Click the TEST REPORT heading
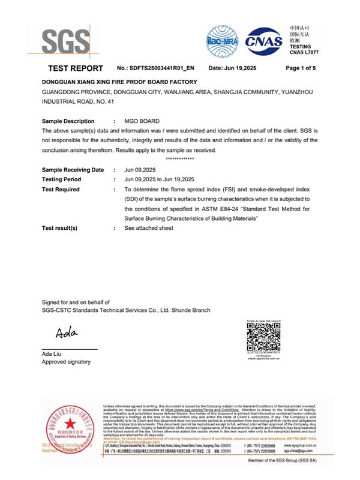(x=75, y=68)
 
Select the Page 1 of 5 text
(x=301, y=68)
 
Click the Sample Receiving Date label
(x=73, y=170)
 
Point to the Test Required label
(x=61, y=189)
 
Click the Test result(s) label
(x=59, y=228)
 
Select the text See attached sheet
(x=149, y=228)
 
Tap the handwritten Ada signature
(x=66, y=332)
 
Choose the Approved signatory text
(x=66, y=362)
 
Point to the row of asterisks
(x=179, y=158)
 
